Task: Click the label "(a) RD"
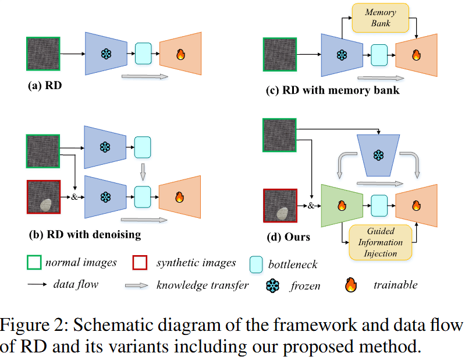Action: [x=45, y=86]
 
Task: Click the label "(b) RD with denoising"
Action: [x=84, y=235]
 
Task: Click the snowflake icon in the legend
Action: [x=272, y=285]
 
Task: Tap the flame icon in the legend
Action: [x=350, y=285]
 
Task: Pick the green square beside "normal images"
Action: [x=35, y=263]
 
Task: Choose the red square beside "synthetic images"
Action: [x=140, y=263]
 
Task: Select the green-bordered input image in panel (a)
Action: [x=44, y=54]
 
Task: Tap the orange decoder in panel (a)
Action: [x=180, y=54]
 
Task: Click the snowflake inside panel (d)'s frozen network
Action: [x=378, y=156]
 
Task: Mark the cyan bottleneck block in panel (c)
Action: [x=379, y=55]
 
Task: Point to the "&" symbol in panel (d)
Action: [x=311, y=206]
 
